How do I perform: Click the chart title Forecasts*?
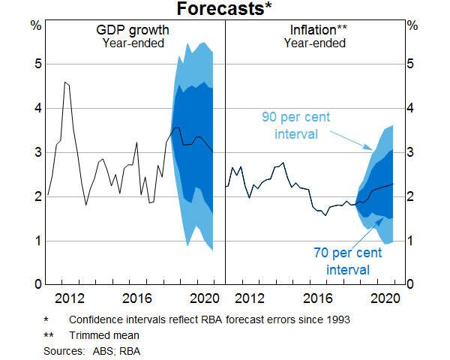224,10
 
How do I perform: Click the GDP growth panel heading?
133,31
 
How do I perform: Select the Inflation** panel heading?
317,31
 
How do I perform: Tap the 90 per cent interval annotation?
295,125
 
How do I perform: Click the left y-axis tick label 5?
36,64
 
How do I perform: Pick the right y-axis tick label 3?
412,153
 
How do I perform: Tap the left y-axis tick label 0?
36,285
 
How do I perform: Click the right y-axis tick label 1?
412,241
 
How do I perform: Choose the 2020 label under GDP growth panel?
203,297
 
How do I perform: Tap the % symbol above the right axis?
412,25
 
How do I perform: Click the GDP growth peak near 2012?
65,82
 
